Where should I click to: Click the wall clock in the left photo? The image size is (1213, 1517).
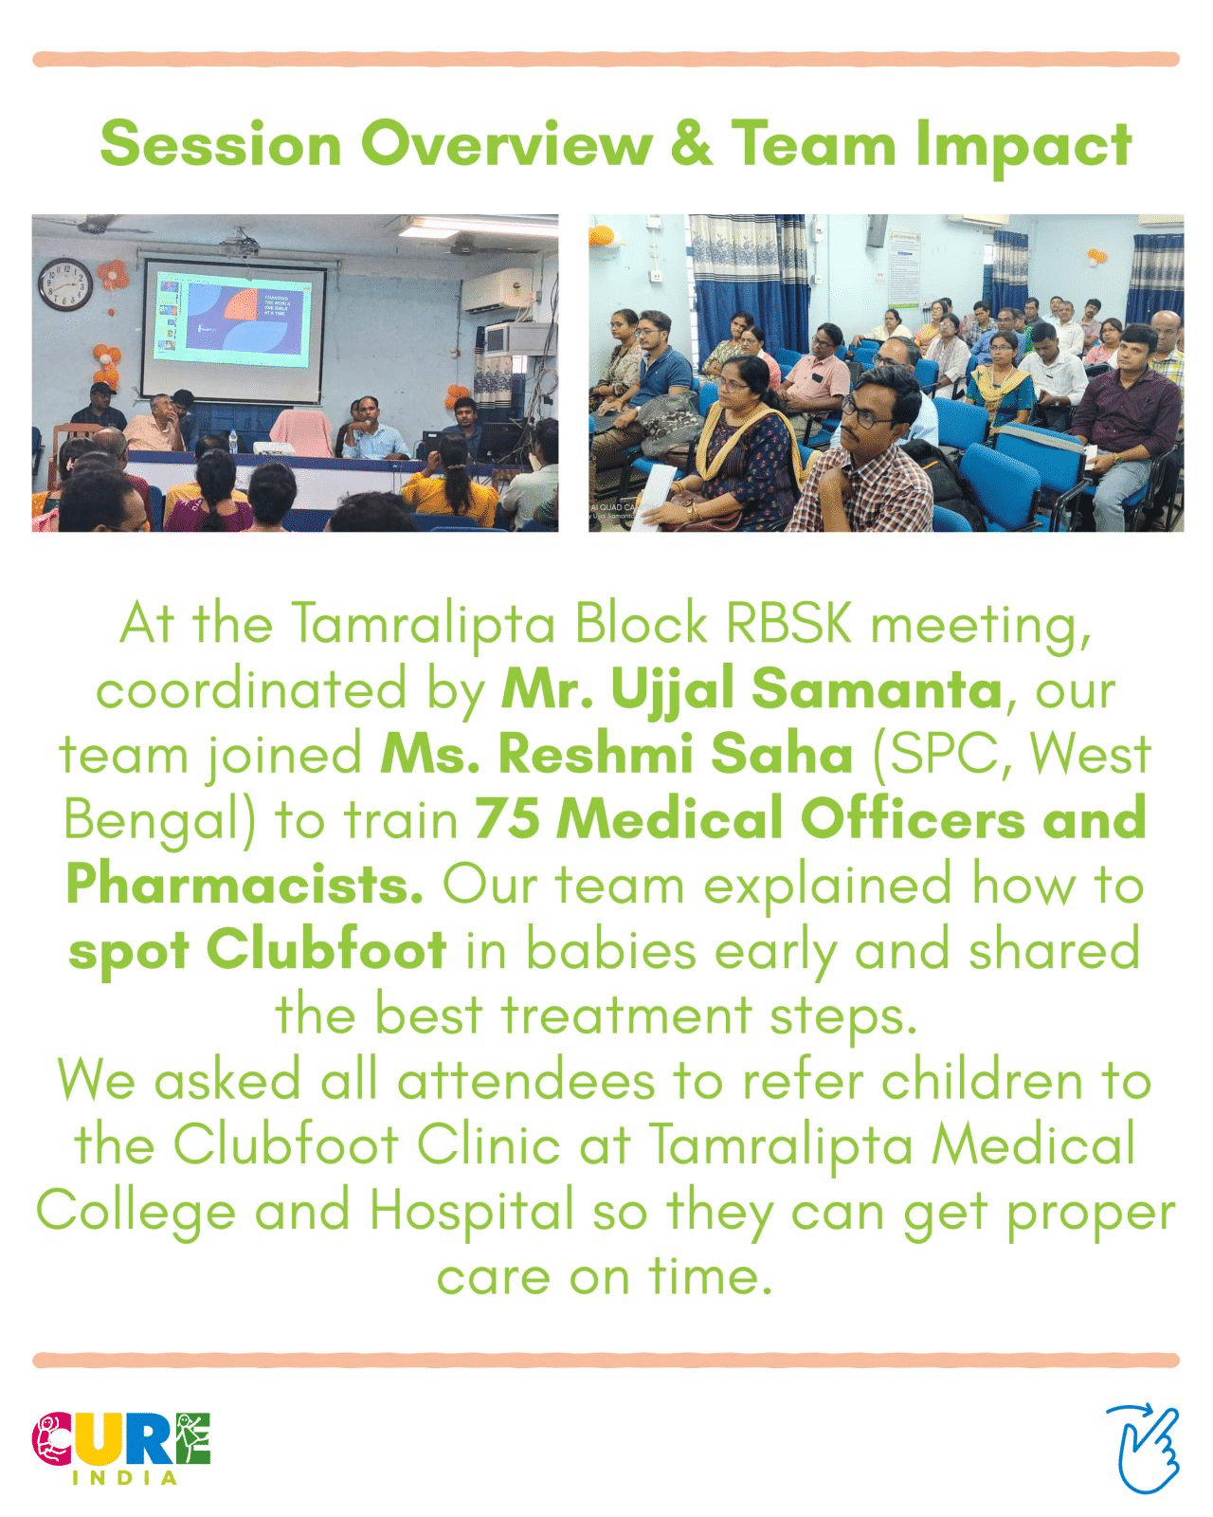pyautogui.click(x=64, y=284)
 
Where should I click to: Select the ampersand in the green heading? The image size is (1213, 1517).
pyautogui.click(x=691, y=143)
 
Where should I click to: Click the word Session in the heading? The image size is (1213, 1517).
pyautogui.click(x=221, y=143)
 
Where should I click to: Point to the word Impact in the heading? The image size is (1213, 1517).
pyautogui.click(x=1023, y=147)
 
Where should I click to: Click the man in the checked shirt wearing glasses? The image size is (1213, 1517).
pyautogui.click(x=868, y=451)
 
